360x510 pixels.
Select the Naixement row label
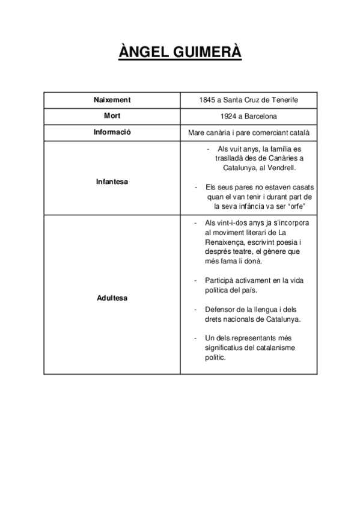point(112,100)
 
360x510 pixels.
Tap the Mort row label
point(112,115)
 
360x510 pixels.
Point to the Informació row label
point(112,132)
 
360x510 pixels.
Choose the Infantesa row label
point(112,180)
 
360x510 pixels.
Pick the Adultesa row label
point(112,298)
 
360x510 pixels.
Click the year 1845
point(208,100)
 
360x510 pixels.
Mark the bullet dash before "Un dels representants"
point(196,338)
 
